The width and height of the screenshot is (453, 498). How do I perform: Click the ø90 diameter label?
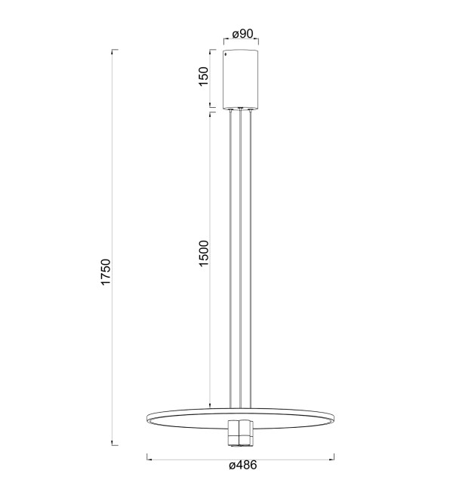242,34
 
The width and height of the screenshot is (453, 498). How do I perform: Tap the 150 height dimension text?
203,76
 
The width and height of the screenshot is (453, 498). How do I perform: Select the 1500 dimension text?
203,253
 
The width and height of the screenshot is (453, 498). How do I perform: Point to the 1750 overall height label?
105,272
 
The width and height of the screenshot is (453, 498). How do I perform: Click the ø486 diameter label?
242,466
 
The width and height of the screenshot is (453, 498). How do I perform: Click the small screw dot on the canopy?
226,54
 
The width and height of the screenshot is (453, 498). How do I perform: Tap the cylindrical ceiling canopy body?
241,78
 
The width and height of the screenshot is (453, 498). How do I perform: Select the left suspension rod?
230,259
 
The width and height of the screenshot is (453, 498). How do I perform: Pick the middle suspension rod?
241,259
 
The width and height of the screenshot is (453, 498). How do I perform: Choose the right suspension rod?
251,259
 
